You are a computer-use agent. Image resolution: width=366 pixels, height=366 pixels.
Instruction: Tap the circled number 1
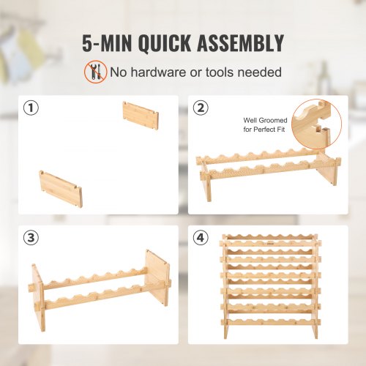coord(31,109)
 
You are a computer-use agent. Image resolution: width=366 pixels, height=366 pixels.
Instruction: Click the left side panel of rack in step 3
coord(39,297)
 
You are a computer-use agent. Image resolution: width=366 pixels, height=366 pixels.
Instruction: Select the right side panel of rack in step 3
coord(158,277)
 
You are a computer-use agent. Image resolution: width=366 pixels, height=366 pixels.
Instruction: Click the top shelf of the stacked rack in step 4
coord(270,240)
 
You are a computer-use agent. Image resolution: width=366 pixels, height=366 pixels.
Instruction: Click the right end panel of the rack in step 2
coord(328,176)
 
